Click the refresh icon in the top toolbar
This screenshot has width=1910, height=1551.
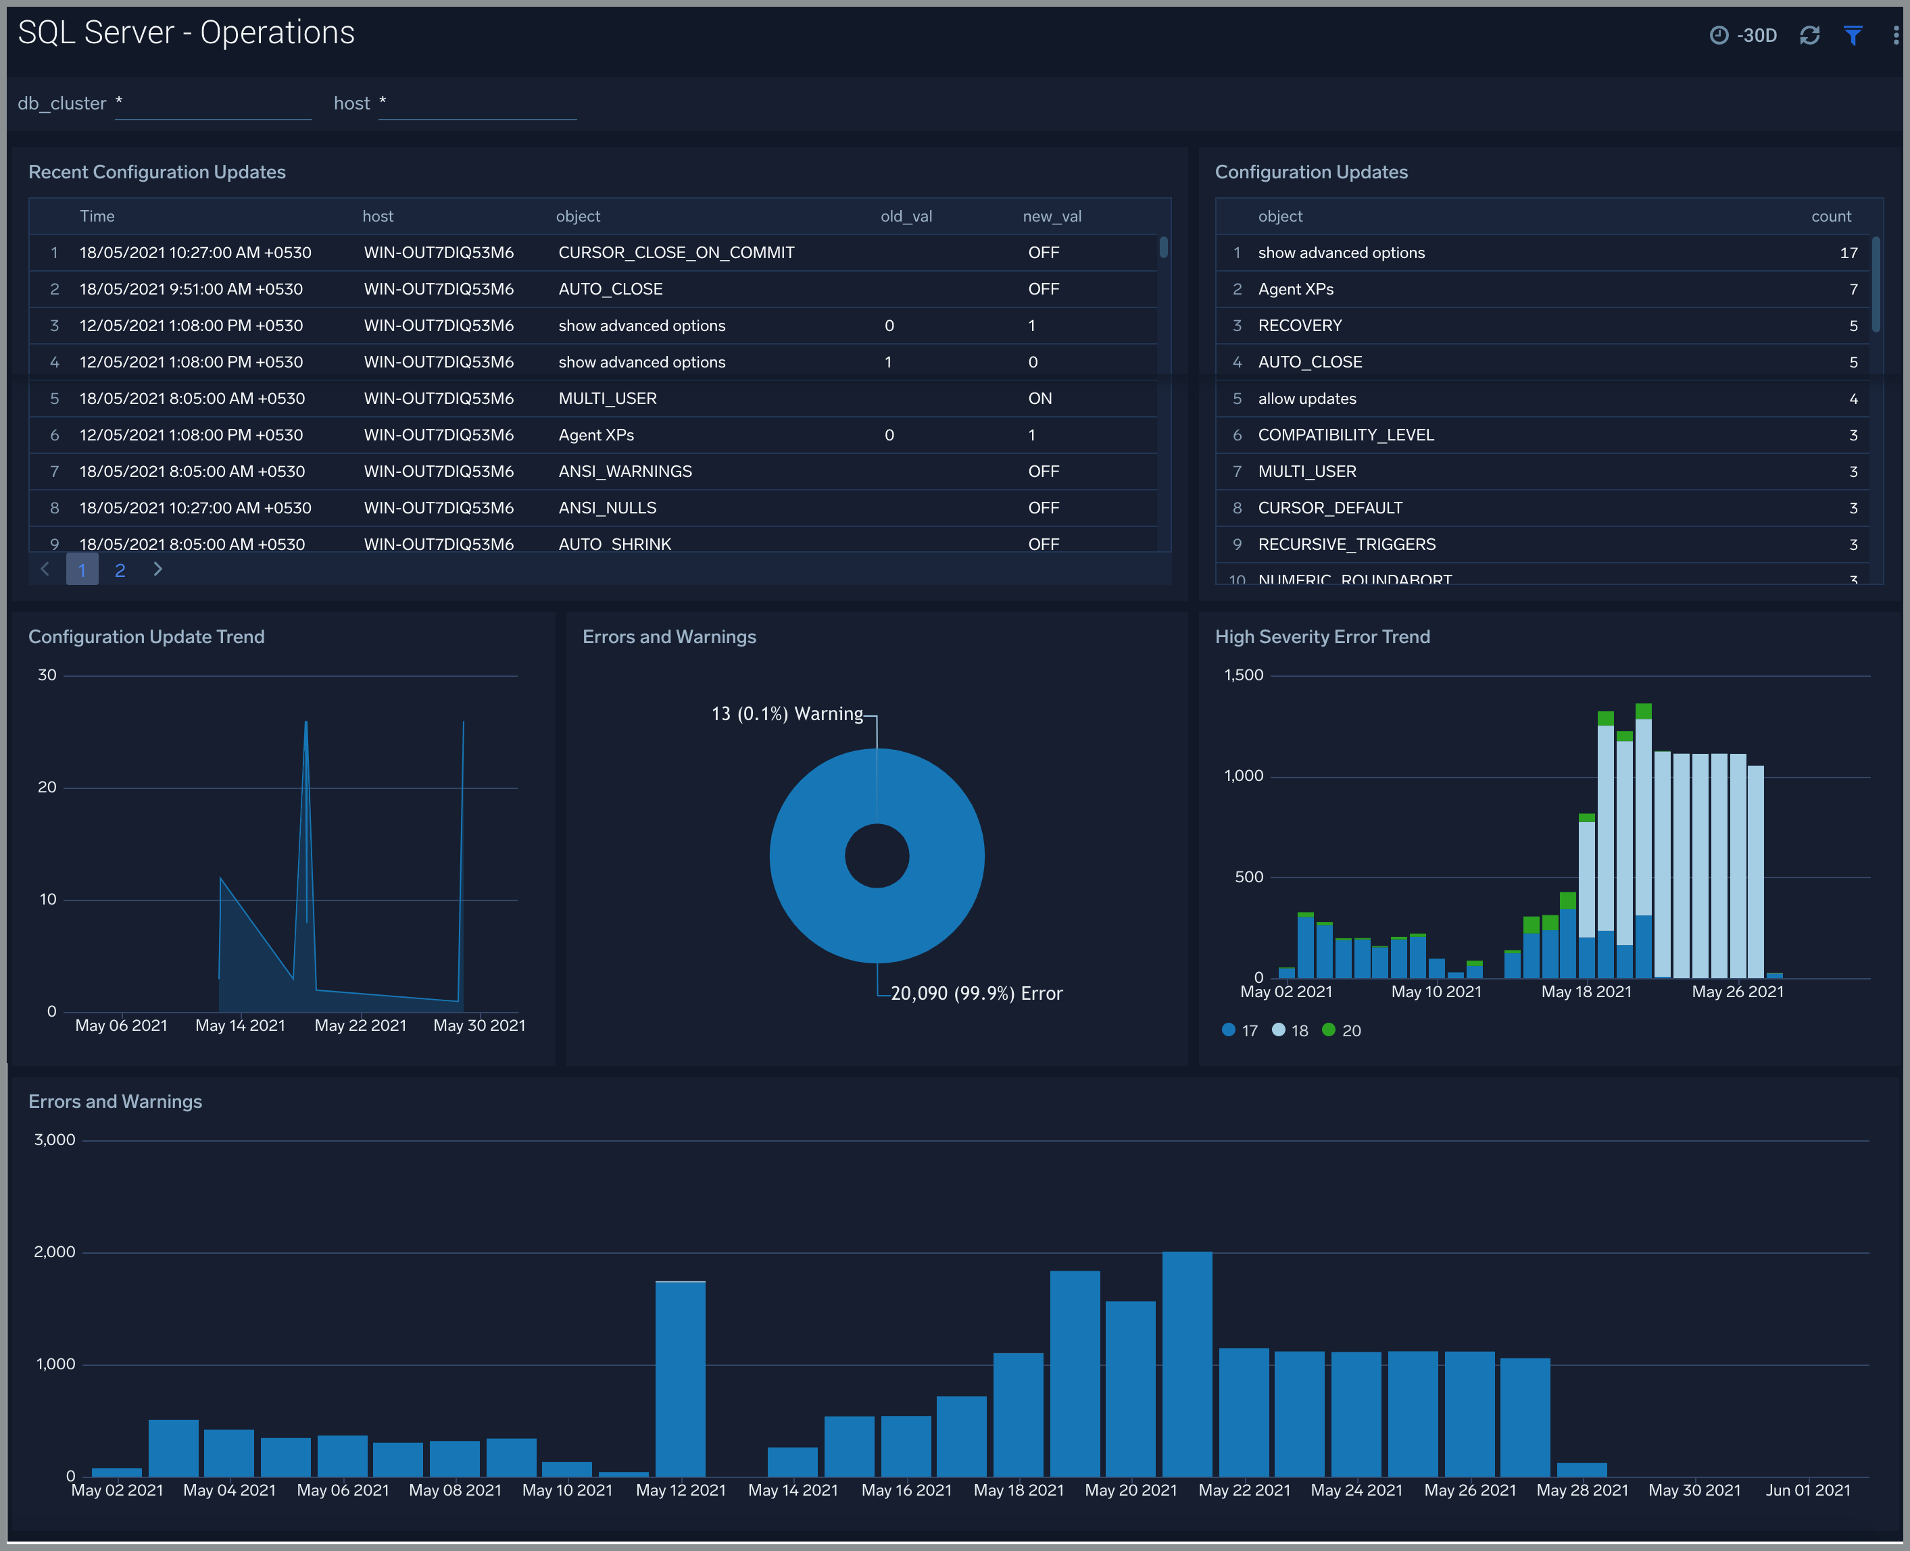[1809, 35]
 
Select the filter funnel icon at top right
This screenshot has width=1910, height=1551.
[1852, 35]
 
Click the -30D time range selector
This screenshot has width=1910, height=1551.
[1744, 35]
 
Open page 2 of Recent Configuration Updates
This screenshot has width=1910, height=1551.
[120, 570]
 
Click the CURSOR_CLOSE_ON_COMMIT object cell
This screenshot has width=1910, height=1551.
[676, 253]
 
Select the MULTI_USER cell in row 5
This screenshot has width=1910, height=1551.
[607, 399]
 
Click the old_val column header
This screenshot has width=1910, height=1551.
[906, 216]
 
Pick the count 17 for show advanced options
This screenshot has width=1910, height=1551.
[1847, 253]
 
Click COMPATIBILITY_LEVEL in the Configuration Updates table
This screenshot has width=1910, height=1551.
[1345, 435]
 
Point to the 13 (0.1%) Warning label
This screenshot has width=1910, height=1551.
[787, 714]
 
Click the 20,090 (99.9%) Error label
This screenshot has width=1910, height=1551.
[976, 994]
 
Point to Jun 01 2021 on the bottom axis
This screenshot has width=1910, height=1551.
[1807, 1490]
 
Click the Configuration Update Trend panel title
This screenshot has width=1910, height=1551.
[147, 637]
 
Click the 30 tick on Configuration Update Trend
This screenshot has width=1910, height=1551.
[47, 676]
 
